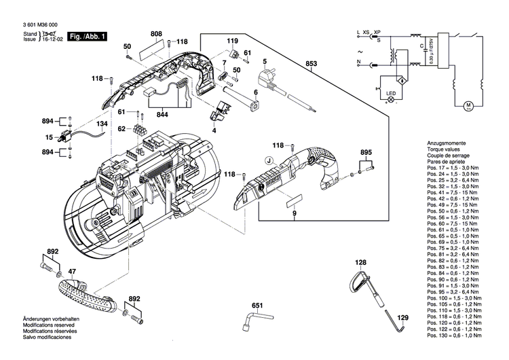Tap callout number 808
tap(156, 33)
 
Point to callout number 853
tap(311, 65)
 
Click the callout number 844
tap(163, 115)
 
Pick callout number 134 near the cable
tap(101, 124)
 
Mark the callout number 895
tap(366, 151)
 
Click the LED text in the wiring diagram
tap(391, 93)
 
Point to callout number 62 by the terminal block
tap(121, 128)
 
